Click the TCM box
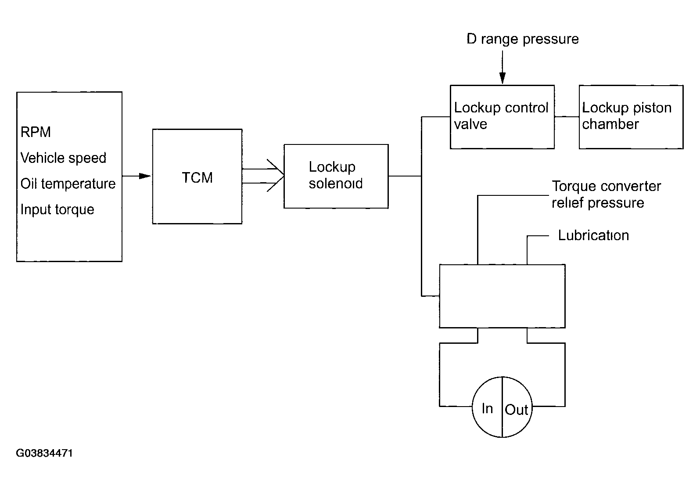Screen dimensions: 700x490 pos(197,177)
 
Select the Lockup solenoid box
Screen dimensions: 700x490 pos(336,176)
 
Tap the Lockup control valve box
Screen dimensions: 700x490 pos(502,117)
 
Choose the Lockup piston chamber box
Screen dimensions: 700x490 pos(631,117)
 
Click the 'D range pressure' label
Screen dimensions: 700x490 pos(523,39)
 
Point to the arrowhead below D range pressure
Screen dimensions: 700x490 pos(502,78)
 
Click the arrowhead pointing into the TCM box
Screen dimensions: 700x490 pos(145,176)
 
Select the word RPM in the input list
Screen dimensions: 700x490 pos(36,132)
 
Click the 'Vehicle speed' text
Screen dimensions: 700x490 pos(63,158)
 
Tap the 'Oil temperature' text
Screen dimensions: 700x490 pos(68,184)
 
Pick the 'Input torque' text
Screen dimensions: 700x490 pos(57,209)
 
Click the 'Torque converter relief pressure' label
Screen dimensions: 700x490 pos(606,194)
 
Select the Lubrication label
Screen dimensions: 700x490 pos(593,235)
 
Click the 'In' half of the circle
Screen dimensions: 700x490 pos(487,407)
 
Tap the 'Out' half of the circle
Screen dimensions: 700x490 pos(517,407)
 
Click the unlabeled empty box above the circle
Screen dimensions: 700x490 pos(502,296)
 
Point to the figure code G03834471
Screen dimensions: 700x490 pos(44,453)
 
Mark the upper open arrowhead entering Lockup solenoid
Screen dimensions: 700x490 pos(275,167)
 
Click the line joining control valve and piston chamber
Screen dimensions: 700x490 pos(567,117)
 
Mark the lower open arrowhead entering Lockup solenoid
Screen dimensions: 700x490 pos(275,184)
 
